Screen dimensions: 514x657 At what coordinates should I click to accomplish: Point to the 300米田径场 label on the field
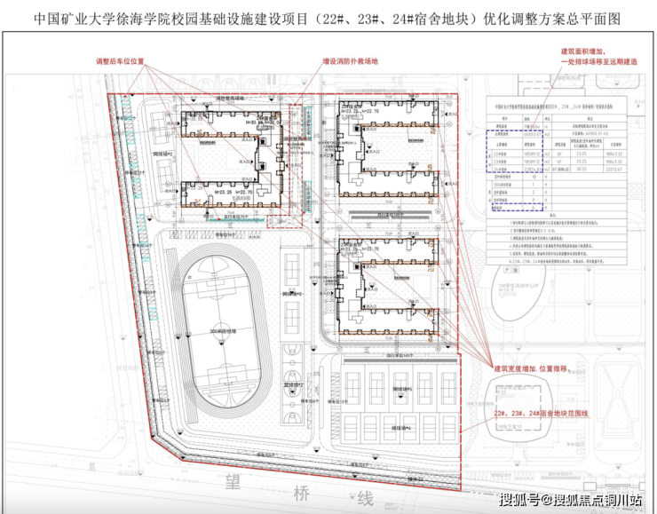[x=222, y=330]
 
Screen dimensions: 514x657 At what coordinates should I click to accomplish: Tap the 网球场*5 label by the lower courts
[x=400, y=388]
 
